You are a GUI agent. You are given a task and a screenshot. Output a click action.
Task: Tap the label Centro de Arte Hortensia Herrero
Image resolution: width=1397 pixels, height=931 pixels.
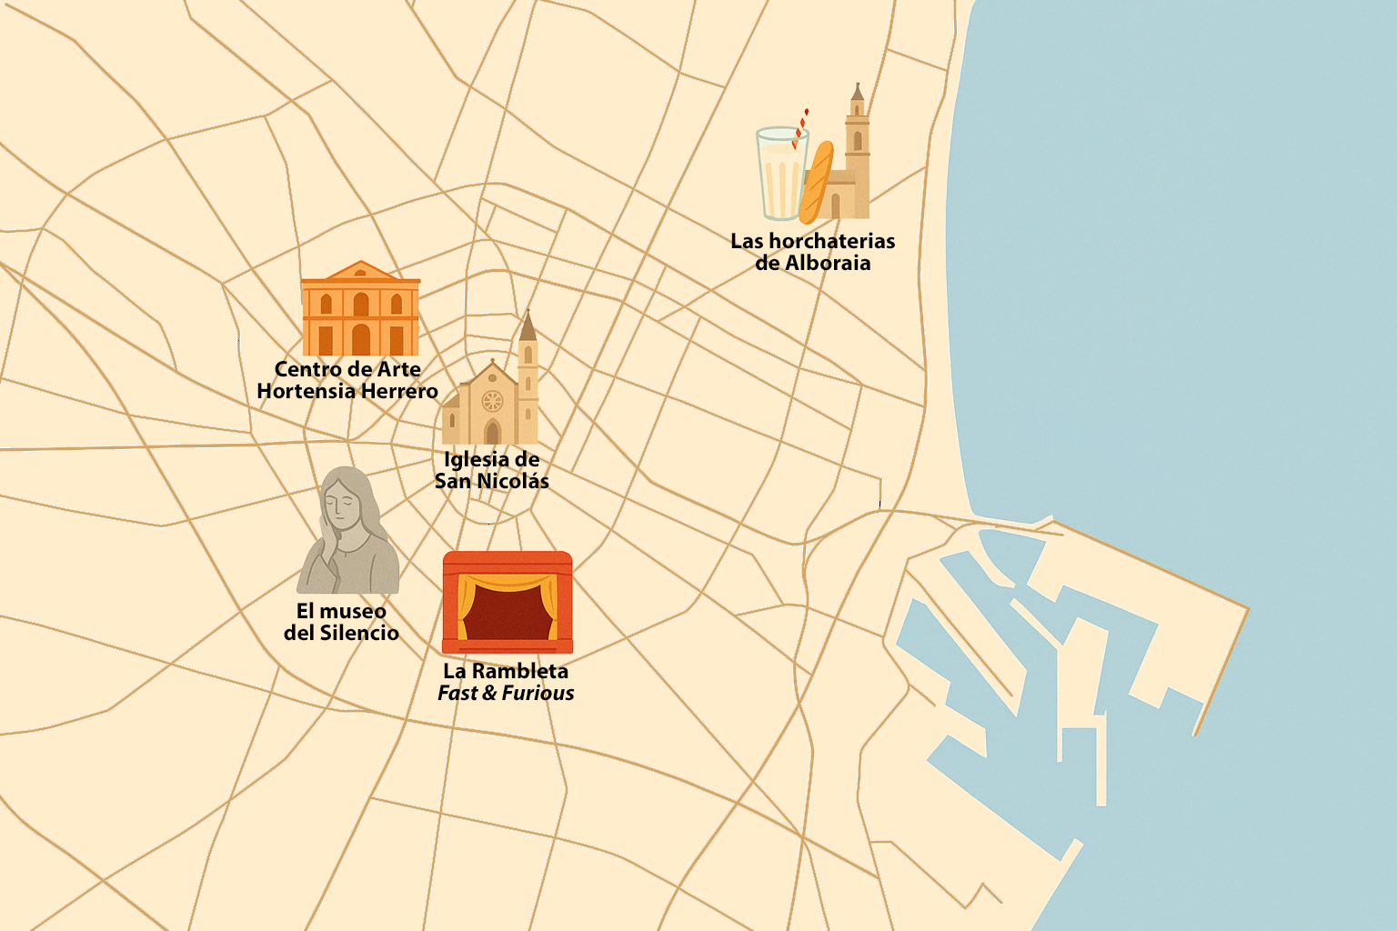347,380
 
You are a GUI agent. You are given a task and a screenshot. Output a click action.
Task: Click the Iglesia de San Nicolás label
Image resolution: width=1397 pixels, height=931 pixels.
491,470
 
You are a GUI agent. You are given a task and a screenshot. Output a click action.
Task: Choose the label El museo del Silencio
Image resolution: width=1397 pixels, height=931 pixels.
341,622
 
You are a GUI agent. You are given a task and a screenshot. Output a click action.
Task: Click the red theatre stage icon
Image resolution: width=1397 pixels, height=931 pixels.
507,602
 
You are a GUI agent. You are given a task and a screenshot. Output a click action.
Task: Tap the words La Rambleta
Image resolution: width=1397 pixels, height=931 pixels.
506,671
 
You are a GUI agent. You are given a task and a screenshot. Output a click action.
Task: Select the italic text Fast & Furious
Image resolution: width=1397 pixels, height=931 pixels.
506,693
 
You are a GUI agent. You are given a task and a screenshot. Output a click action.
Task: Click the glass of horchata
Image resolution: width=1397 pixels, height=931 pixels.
780,175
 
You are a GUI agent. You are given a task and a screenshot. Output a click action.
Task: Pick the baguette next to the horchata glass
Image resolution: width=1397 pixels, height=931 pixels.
816,182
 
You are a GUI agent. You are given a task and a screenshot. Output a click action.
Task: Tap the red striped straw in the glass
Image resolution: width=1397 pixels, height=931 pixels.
800,128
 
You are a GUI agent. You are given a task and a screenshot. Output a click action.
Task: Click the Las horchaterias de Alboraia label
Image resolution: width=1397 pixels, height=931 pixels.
812,252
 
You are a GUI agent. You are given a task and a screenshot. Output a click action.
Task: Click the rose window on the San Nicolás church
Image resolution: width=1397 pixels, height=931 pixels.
492,400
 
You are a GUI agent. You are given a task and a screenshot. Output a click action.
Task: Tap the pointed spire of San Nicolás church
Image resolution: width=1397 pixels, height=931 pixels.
528,325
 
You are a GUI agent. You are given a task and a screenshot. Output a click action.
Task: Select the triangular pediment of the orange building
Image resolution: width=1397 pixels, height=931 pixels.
361,271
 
